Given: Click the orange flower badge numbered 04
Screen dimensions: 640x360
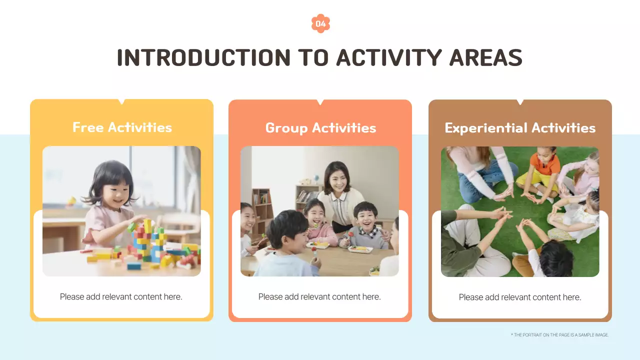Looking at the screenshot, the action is click(320, 23).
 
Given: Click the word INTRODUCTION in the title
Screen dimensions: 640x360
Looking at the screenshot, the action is click(203, 57).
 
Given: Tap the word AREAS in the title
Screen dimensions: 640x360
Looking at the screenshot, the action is click(485, 57).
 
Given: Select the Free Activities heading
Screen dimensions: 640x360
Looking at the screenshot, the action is click(122, 127).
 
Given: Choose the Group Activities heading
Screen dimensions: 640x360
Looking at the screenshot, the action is click(320, 128).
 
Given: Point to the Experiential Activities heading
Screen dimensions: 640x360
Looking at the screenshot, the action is click(520, 128).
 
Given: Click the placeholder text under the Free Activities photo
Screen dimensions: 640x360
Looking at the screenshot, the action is click(121, 297).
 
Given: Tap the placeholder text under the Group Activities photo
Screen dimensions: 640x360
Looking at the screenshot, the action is click(319, 297).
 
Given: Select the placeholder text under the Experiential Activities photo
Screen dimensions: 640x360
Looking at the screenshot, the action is click(520, 297).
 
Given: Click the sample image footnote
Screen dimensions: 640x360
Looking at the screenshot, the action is click(559, 335).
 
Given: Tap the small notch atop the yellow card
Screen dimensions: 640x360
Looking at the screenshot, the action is click(121, 102).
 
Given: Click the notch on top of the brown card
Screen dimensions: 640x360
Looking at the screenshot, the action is click(520, 102).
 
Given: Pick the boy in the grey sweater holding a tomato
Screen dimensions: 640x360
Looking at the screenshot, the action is click(364, 225).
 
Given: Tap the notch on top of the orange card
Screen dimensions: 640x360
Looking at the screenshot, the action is click(320, 102).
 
